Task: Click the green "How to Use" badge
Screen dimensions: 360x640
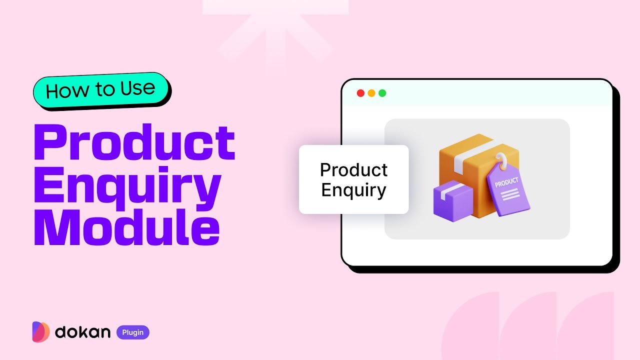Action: coord(101,90)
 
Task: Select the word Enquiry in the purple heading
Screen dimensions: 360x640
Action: coord(127,186)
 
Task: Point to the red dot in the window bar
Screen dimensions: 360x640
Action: coord(360,93)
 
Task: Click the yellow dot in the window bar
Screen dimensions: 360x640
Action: coord(371,93)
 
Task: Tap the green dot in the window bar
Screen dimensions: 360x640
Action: coord(382,93)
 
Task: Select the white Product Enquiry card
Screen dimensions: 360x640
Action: coord(353,179)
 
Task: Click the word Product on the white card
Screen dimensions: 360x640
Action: coord(353,170)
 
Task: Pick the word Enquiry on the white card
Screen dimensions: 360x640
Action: coord(353,190)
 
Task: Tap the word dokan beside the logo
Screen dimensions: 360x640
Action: coord(82,332)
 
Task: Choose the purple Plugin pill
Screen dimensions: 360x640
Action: coord(133,332)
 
